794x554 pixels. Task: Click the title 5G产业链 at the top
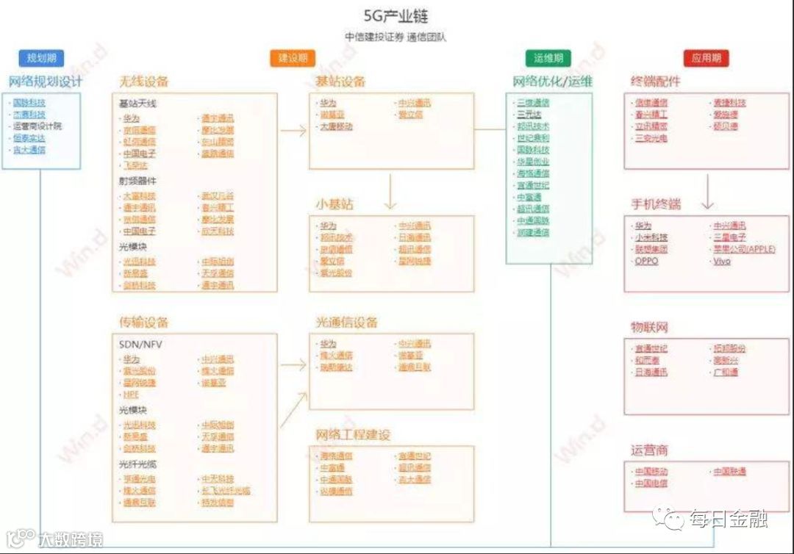[396, 16]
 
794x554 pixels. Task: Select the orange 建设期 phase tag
[293, 58]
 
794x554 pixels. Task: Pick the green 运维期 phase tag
[548, 58]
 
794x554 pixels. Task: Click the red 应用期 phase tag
[706, 58]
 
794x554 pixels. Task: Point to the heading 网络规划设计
[46, 81]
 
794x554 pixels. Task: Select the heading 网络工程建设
[353, 434]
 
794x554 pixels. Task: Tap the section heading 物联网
[649, 327]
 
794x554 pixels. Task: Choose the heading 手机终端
[656, 204]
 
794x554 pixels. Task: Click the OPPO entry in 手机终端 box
[647, 261]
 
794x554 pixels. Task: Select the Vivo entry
[722, 261]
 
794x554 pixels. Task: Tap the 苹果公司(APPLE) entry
[744, 249]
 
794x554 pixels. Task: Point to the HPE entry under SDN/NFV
[131, 395]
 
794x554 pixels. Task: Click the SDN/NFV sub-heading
[139, 344]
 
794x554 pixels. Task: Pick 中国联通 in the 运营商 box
[729, 471]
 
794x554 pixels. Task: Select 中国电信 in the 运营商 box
[651, 483]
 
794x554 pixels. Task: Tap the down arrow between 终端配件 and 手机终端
[707, 193]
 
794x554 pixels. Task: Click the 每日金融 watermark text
[729, 519]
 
